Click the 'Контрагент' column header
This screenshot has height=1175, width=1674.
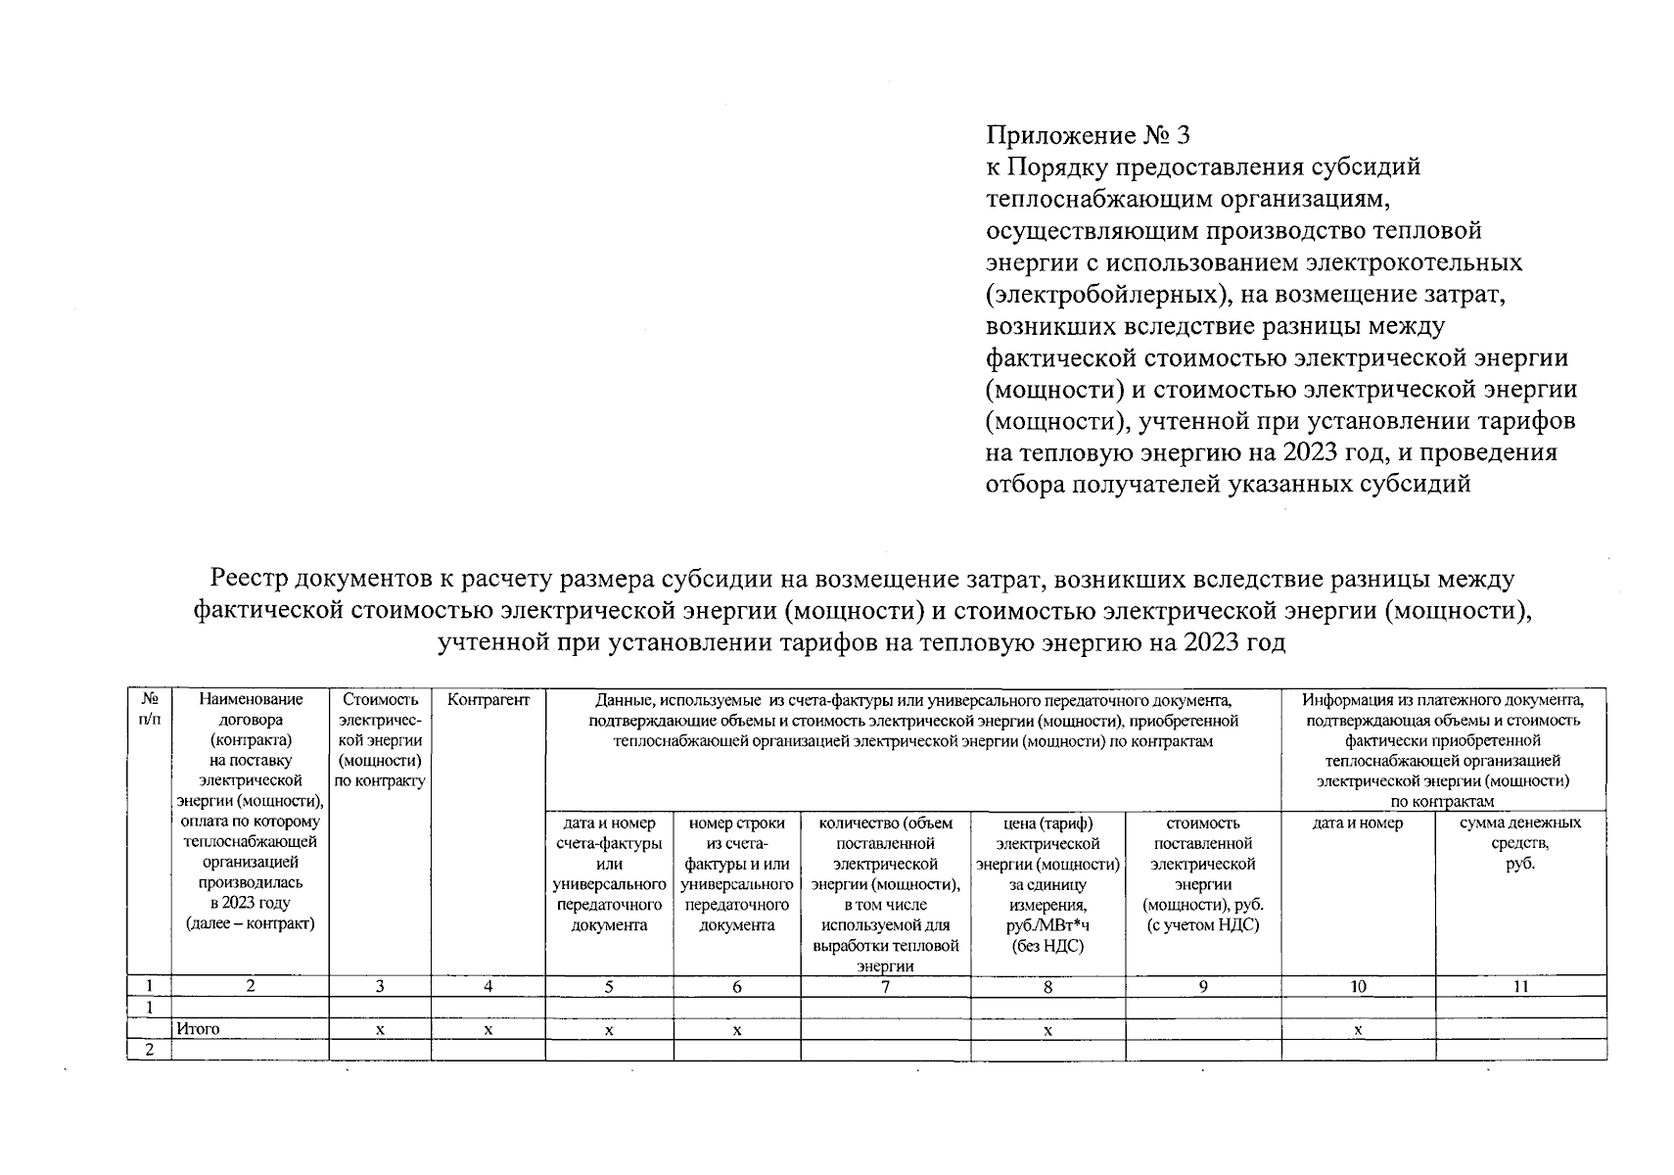coord(488,700)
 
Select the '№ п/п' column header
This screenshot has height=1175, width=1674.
coord(150,709)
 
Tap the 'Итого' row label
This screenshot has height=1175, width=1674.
coord(199,1029)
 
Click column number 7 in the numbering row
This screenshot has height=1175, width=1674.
coord(885,987)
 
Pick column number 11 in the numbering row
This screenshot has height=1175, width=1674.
coord(1519,987)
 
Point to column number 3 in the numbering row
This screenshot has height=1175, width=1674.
coord(380,987)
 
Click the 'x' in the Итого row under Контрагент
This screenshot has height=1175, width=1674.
coord(488,1030)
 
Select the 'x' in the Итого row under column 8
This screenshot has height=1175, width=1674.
coord(1047,1030)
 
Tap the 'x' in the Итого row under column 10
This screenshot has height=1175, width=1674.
coord(1358,1030)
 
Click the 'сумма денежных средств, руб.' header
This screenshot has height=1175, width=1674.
coord(1519,843)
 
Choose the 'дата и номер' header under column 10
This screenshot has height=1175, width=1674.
coord(1358,823)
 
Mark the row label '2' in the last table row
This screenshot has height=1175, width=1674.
coord(150,1050)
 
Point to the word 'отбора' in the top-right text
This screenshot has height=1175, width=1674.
coord(1024,485)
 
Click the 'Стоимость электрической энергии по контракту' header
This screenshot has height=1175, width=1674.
coord(380,740)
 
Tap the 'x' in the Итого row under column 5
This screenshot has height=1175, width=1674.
coord(609,1030)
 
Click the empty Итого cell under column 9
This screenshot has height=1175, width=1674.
coord(1203,1029)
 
